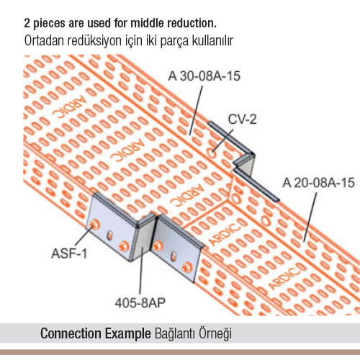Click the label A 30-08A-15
(x=204, y=76)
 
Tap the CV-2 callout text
(x=242, y=119)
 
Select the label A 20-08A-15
(x=318, y=183)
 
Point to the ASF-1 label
(x=69, y=253)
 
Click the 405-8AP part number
(x=140, y=303)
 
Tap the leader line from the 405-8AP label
(x=142, y=271)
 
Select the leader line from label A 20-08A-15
(x=310, y=217)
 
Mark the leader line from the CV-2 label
(x=223, y=140)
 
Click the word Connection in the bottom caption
(x=71, y=333)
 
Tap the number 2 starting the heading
(x=27, y=24)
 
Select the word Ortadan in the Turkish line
(x=44, y=41)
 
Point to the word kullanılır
(x=212, y=41)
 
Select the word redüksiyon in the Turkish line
(x=94, y=41)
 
